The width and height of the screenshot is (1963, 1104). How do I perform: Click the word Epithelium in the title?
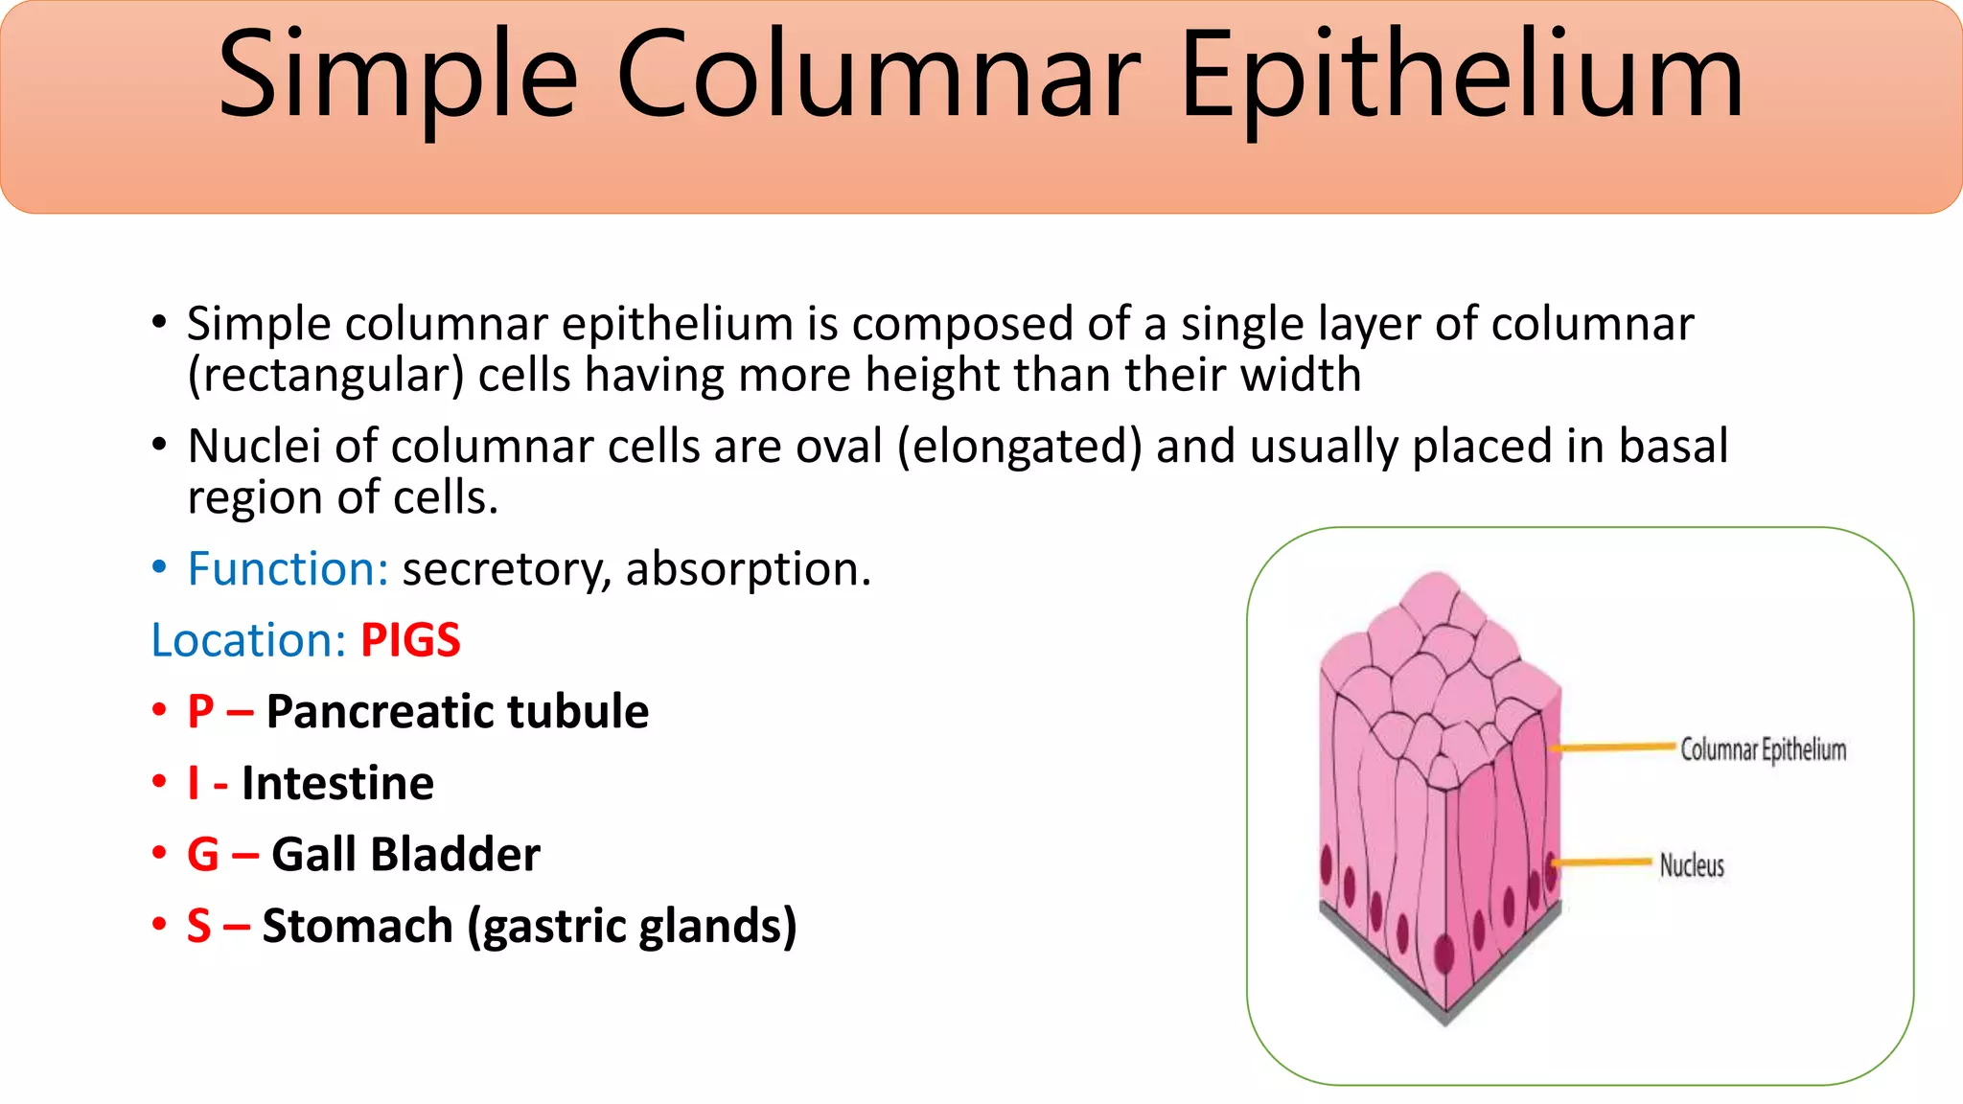[x=1461, y=77]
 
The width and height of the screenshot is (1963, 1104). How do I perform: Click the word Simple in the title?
[x=398, y=77]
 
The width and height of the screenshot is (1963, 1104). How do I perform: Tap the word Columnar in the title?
[x=879, y=77]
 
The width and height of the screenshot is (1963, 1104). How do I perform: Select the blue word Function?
[x=288, y=568]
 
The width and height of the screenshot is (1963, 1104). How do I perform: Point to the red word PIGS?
[x=410, y=639]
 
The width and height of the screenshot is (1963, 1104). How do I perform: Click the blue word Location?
[x=248, y=639]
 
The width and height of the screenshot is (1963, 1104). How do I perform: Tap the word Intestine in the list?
[x=337, y=783]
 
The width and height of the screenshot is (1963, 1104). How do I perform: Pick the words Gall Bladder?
[x=405, y=854]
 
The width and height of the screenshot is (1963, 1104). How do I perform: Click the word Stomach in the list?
[x=358, y=926]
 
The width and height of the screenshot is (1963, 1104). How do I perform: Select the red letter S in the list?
[x=199, y=926]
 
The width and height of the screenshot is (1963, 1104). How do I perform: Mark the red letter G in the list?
[x=203, y=854]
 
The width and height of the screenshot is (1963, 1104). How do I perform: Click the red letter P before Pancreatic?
[x=200, y=711]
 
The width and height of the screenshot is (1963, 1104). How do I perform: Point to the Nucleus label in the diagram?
[x=1692, y=865]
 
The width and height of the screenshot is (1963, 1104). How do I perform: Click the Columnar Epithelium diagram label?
[x=1763, y=749]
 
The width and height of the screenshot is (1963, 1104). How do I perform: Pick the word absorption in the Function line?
[x=748, y=568]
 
